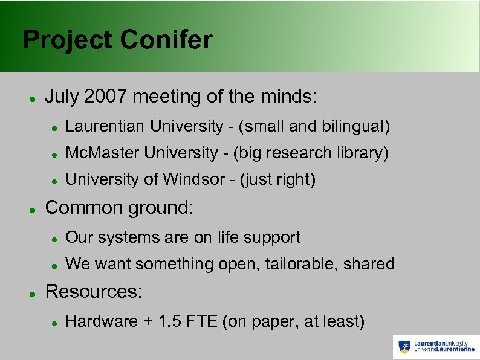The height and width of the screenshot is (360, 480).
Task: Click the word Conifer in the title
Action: coord(166,40)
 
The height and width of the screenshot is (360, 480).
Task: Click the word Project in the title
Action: coord(68,40)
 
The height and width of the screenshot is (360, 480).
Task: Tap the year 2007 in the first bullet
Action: coord(107,96)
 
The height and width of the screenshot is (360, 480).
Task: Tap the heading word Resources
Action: coord(93,291)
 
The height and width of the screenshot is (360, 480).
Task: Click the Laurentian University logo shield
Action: coord(404,347)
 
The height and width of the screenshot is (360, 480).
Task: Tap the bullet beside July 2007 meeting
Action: coord(31,98)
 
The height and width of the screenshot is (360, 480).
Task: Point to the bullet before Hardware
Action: coord(54,323)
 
